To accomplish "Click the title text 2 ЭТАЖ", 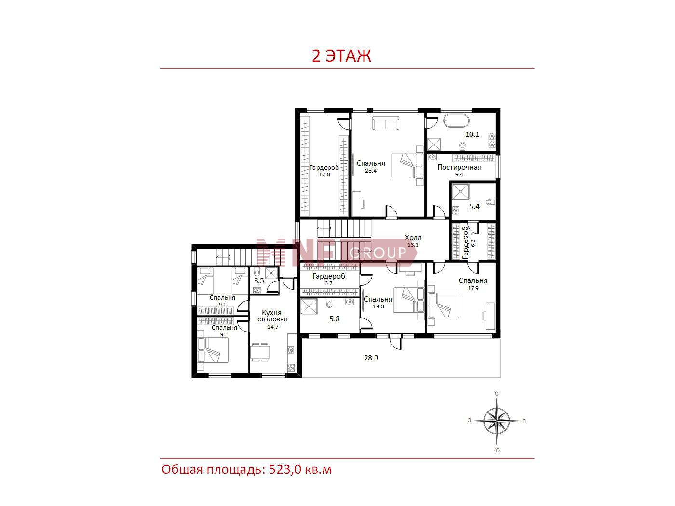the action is point(341,56).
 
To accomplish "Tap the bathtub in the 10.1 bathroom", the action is point(456,121).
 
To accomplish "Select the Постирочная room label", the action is point(459,167).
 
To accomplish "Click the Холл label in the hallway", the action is point(413,238).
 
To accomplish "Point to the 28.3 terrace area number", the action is point(371,358).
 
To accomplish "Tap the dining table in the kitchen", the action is point(260,352).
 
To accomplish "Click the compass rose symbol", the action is point(496,421).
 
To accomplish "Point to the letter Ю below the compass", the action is point(497,450).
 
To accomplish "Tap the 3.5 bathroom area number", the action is point(258,281).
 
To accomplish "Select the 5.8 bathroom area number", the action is point(334,319).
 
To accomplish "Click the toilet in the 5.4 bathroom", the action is point(490,202).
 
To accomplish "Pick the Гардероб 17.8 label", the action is point(324,171).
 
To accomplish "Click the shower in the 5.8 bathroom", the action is point(309,306).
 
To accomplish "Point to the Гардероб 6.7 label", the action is point(329,280).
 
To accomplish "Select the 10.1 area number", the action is point(472,134).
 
